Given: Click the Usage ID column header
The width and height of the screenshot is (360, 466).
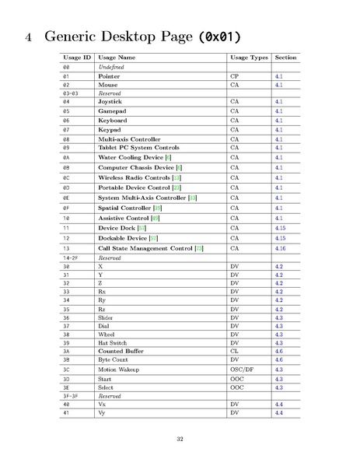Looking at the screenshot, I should pyautogui.click(x=77, y=58).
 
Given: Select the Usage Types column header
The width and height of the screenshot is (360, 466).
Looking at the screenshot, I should pyautogui.click(x=249, y=58).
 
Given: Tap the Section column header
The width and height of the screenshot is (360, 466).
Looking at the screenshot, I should pyautogui.click(x=285, y=58).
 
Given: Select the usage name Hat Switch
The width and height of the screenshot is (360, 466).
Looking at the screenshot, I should pyautogui.click(x=114, y=342).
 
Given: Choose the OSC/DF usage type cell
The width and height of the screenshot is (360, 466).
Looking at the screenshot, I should pyautogui.click(x=243, y=370).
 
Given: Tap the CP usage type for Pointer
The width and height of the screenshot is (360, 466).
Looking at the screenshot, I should pyautogui.click(x=235, y=77).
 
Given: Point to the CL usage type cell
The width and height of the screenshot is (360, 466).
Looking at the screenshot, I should pyautogui.click(x=235, y=352).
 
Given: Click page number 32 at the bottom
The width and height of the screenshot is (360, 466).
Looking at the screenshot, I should pyautogui.click(x=180, y=440).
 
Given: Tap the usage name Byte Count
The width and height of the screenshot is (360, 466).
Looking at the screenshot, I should pyautogui.click(x=114, y=360).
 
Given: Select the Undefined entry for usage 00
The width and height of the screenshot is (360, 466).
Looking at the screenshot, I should pyautogui.click(x=112, y=68).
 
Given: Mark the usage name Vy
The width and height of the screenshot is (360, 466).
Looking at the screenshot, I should pyautogui.click(x=102, y=413).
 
